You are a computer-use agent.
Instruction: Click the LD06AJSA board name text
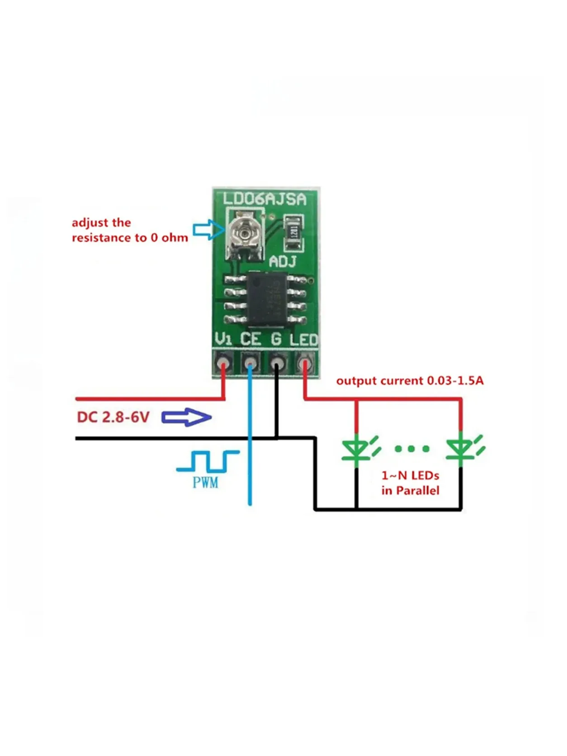[x=265, y=199]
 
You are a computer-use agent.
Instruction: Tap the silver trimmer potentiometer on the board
[x=245, y=234]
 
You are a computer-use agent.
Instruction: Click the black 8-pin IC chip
[x=266, y=299]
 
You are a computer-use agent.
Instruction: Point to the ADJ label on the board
[x=283, y=261]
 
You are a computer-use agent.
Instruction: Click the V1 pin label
[x=223, y=339]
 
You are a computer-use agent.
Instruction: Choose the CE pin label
[x=250, y=339]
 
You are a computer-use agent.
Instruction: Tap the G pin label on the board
[x=276, y=339]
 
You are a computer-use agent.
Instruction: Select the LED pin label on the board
[x=304, y=339]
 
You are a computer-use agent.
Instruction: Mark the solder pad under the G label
[x=277, y=363]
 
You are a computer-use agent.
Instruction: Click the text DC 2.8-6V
[x=113, y=417]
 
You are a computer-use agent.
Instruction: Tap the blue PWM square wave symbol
[x=208, y=461]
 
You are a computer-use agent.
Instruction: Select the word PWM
[x=206, y=482]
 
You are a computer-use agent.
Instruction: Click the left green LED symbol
[x=357, y=449]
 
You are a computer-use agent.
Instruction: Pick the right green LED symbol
[x=462, y=449]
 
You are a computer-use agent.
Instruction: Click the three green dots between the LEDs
[x=412, y=449]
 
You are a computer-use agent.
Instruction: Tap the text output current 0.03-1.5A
[x=410, y=381]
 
